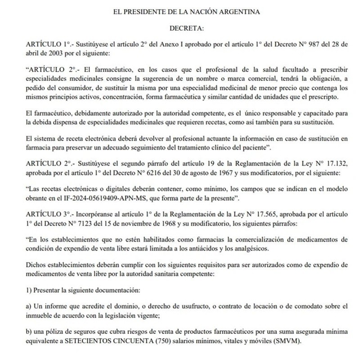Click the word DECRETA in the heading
coord(186,29)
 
